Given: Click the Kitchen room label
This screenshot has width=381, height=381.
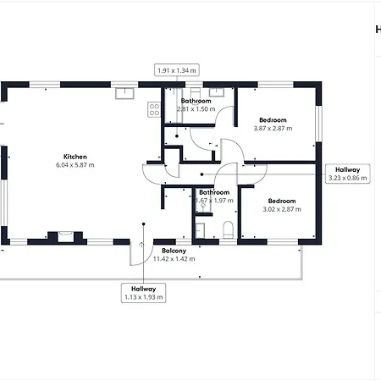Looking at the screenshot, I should tap(75, 157).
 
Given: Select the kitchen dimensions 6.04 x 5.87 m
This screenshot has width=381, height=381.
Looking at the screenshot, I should tap(75, 165).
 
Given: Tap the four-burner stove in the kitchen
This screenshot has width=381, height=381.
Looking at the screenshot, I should tap(155, 108).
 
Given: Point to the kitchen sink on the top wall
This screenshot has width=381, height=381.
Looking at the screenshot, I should tap(126, 91).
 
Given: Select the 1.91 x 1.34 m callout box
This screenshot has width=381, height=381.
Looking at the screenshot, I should tap(176, 71).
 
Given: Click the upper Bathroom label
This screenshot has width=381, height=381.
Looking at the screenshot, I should tap(196, 101).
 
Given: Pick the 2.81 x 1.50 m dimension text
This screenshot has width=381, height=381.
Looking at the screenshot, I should tap(196, 109).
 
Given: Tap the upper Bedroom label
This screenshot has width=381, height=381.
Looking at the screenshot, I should tap(273, 120).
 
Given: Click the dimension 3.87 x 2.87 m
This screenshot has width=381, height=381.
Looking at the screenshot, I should tap(273, 129).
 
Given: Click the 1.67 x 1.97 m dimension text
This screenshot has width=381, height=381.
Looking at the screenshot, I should tap(214, 200).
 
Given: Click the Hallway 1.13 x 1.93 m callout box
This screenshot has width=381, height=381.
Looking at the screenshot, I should tap(143, 292).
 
